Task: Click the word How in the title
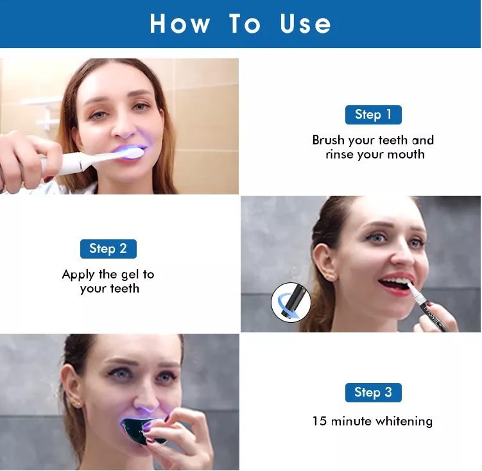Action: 180,24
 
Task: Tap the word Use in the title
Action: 306,24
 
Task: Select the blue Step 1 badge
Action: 373,115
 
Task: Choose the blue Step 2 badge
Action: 108,248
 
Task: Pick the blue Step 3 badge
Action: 373,392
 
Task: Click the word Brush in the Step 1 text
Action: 329,140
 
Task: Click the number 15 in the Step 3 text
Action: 320,421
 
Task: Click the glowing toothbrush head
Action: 133,153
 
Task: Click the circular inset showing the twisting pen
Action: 291,303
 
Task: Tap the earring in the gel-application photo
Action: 332,277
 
